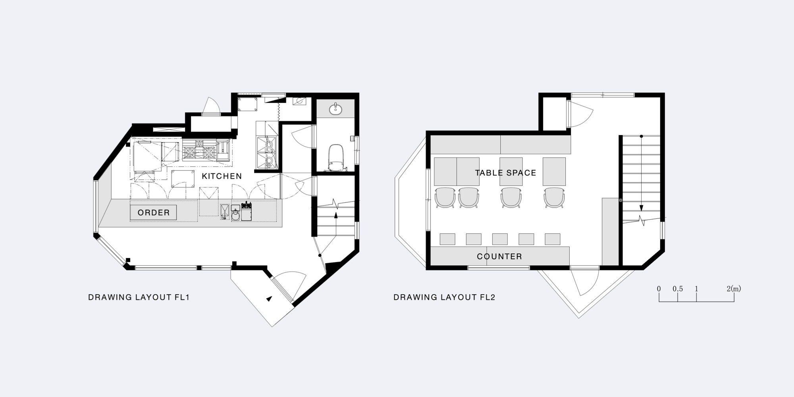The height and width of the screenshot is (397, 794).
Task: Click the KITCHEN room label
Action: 222,176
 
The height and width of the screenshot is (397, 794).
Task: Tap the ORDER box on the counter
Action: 153,212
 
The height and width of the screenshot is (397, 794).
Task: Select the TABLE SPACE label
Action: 505,173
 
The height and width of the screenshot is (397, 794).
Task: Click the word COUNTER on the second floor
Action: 499,256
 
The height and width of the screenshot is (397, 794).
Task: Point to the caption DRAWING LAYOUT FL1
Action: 139,297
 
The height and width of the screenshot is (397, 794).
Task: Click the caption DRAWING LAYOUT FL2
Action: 444,297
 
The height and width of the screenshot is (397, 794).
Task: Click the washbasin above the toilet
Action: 336,109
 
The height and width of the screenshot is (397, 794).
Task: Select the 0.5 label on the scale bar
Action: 678,289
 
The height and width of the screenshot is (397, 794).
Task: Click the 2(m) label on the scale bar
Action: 734,289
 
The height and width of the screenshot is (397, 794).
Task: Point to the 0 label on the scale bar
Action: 659,289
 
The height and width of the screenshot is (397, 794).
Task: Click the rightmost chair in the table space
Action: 554,197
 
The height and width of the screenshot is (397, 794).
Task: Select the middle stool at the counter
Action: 500,239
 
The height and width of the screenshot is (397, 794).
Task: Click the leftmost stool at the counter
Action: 447,239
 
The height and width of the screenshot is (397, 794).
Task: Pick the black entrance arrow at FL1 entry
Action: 270,299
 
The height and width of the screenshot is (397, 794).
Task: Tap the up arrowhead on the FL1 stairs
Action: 336,215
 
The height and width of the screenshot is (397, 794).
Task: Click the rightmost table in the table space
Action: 554,172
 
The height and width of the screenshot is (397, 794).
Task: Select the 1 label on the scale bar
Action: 696,289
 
